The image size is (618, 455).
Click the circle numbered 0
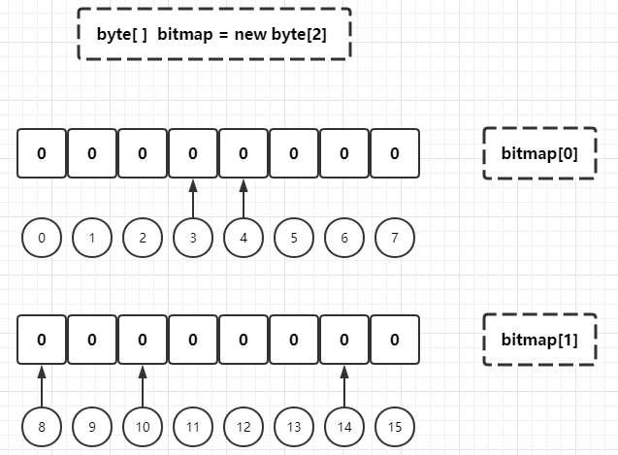42,238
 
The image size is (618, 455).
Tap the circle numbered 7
395,238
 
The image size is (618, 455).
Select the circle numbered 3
193,238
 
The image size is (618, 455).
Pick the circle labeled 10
143,426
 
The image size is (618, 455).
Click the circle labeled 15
395,426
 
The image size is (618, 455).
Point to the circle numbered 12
244,426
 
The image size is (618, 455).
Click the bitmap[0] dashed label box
538,153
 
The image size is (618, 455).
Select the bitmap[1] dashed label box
538,341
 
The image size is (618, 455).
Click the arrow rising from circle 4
244,198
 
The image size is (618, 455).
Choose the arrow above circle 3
193,198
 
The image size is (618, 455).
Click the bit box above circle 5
294,153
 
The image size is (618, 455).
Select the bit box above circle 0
42,153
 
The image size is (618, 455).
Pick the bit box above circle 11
193,340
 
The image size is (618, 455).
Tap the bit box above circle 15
395,340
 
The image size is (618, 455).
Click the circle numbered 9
92,426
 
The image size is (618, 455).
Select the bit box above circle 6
344,153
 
